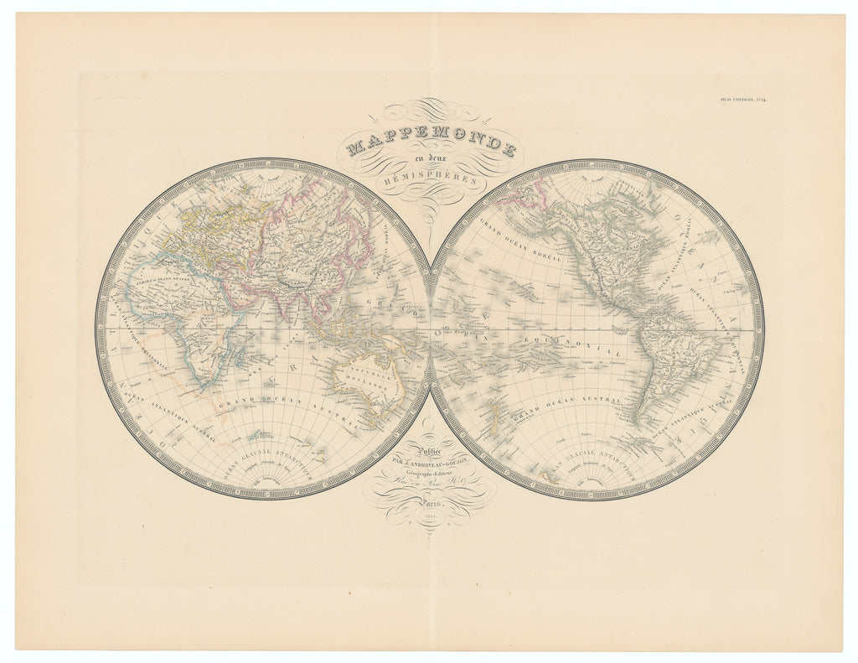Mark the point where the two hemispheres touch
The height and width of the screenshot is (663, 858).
[x=430, y=329]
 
